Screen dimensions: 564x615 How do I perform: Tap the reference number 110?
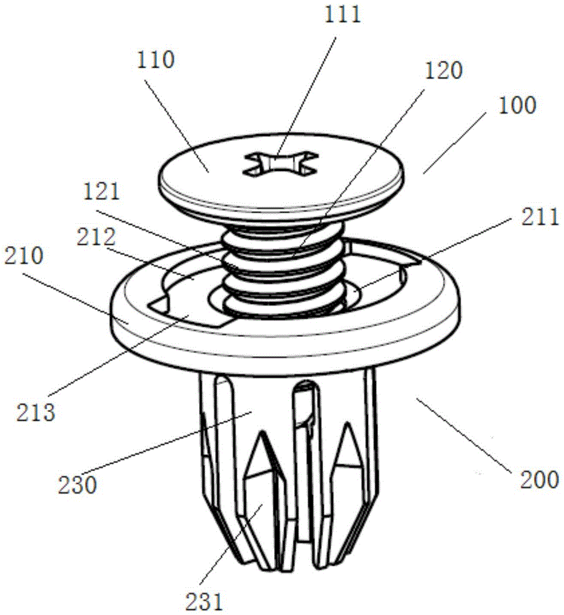coord(155,60)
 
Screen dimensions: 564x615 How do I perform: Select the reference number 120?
coord(444,71)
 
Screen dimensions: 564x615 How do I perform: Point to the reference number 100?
coord(517,105)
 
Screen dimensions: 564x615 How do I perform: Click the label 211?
coord(540,217)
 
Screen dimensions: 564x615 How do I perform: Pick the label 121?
coord(102,192)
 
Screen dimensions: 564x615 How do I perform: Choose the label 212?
coord(96,237)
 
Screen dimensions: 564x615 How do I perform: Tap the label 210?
coord(24,256)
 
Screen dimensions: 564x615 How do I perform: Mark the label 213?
coord(36,413)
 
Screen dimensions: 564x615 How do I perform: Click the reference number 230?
coord(77,485)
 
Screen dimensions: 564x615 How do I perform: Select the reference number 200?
coord(539,480)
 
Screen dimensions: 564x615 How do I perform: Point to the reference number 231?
coord(204,601)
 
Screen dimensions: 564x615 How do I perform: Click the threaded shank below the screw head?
coord(284,270)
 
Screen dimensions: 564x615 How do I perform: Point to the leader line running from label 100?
coord(455,142)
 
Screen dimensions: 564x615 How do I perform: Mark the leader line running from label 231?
coord(231,545)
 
